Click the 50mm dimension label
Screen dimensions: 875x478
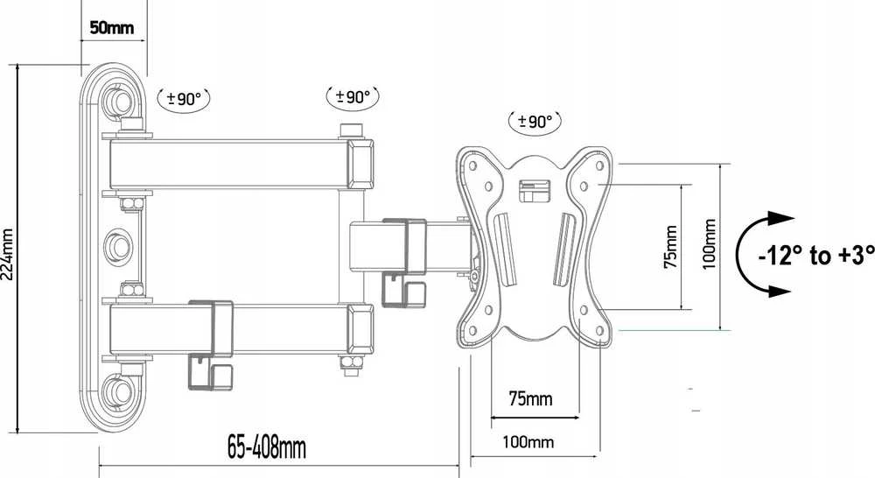click(112, 27)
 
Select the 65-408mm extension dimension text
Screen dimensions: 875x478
click(267, 447)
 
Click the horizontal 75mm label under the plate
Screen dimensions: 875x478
click(530, 398)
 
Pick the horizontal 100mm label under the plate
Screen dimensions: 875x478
click(528, 442)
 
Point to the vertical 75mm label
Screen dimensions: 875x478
click(671, 246)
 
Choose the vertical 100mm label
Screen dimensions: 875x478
click(709, 244)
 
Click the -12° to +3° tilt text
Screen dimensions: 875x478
click(815, 255)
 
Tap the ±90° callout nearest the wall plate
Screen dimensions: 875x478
click(184, 99)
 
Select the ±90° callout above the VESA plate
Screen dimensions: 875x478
click(535, 121)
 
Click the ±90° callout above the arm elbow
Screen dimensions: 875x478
click(353, 97)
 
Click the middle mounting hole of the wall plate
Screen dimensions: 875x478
click(119, 246)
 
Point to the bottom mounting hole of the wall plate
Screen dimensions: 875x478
click(119, 390)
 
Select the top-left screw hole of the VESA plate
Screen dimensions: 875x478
click(473, 165)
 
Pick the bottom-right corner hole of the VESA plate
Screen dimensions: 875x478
click(600, 331)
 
